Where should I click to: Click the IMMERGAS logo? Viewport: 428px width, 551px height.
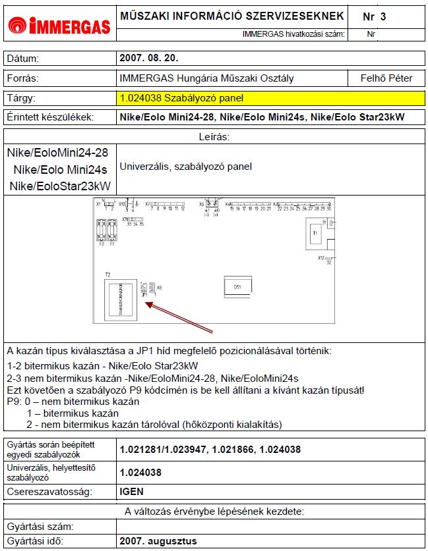(59, 26)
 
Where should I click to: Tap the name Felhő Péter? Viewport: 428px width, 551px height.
(386, 78)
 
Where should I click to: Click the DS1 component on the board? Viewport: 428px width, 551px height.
(237, 287)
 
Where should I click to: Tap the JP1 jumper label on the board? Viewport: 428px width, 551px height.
(144, 295)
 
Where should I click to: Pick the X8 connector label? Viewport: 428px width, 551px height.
(159, 288)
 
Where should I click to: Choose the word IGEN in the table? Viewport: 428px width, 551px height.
(132, 491)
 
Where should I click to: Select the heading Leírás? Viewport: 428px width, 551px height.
(214, 136)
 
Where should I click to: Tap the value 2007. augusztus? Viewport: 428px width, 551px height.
(158, 541)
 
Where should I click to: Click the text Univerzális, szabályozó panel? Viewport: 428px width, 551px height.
(185, 167)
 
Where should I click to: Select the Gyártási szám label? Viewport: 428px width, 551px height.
(39, 526)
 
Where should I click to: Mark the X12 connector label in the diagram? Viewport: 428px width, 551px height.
(322, 257)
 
